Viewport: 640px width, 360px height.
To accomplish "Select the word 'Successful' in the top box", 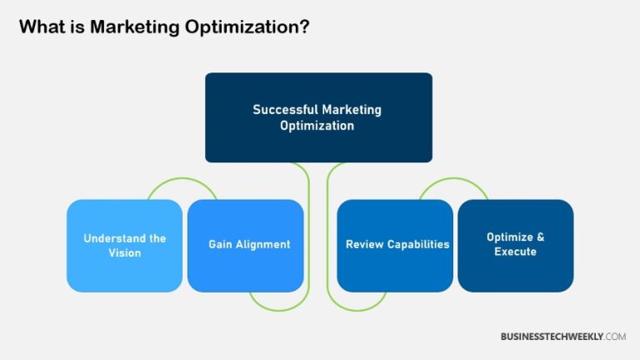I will [282, 109].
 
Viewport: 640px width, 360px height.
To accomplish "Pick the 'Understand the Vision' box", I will [124, 245].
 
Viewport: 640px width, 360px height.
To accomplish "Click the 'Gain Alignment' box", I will [246, 245].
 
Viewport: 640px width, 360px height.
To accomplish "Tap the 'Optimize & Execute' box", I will [515, 245].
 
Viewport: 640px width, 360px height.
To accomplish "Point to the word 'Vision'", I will [125, 252].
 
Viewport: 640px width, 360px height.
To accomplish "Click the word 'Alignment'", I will [263, 245].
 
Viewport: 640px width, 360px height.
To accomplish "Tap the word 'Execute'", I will [515, 252].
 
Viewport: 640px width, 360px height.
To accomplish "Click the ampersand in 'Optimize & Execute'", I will [540, 237].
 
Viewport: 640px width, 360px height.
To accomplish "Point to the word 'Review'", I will [362, 245].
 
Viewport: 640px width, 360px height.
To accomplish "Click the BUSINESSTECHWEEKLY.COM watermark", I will [562, 336].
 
